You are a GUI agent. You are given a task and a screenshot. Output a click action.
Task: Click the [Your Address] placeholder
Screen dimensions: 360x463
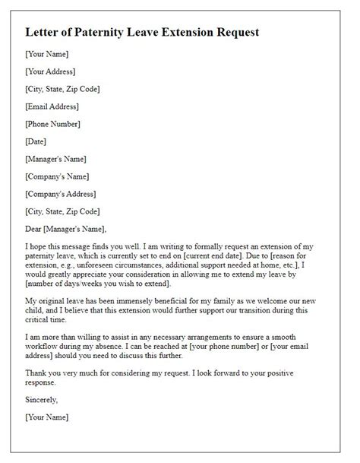[50, 72]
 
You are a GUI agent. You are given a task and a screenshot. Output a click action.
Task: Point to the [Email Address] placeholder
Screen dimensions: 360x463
[52, 106]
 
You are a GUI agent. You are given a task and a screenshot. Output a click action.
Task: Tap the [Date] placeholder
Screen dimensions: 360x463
[36, 141]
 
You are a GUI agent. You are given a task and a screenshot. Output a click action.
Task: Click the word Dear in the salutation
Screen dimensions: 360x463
[35, 229]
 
